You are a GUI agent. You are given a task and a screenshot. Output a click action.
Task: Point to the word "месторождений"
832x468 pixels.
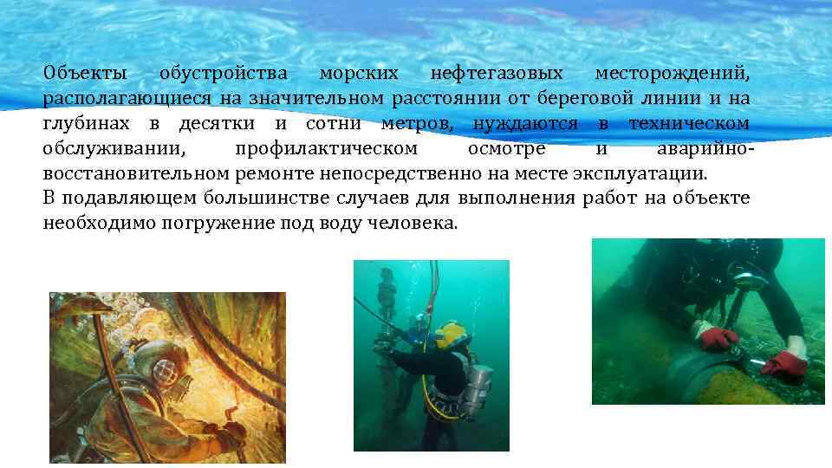tap(672, 73)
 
